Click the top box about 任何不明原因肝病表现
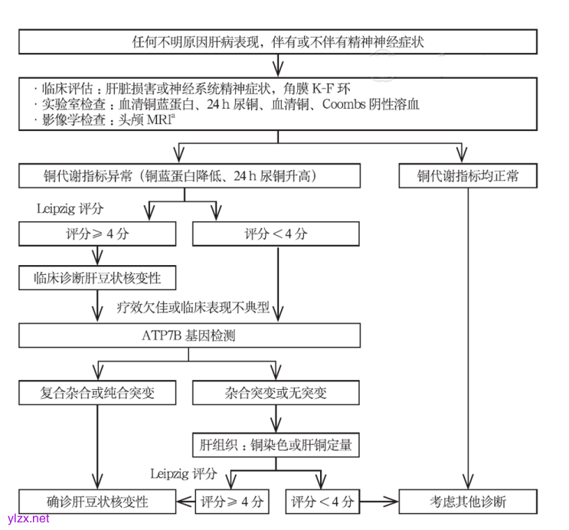click(278, 41)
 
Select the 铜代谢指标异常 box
click(190, 175)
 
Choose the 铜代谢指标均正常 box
click(467, 175)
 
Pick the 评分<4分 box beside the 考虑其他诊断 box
click(322, 502)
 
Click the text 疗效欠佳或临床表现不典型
click(193, 309)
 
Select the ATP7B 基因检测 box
click(190, 335)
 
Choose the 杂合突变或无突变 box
click(276, 393)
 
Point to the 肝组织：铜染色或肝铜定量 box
click(276, 444)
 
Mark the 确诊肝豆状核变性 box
click(97, 502)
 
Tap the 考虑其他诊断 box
click(467, 502)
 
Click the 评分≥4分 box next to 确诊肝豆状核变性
click(232, 502)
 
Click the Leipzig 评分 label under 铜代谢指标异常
click(70, 208)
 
